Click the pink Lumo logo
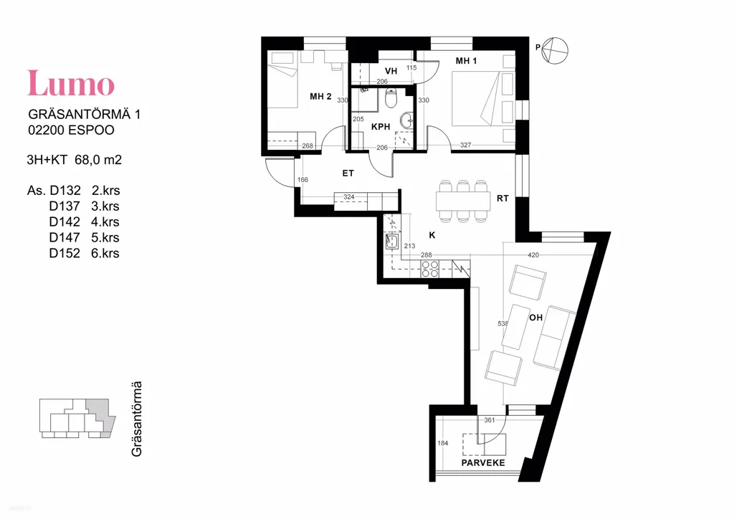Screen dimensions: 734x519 click(71, 83)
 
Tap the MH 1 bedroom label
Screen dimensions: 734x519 click(466, 61)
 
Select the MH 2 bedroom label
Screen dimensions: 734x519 click(320, 97)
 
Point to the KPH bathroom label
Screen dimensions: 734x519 click(381, 127)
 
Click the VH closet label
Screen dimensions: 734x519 click(391, 71)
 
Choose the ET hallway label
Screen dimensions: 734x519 click(348, 173)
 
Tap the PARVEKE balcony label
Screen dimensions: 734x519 click(483, 463)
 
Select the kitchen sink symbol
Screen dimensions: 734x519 click(392, 242)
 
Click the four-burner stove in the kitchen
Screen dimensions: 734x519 click(430, 269)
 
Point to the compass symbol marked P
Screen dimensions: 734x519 click(554, 50)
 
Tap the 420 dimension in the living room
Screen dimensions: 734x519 click(533, 255)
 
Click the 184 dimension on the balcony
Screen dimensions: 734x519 click(442, 443)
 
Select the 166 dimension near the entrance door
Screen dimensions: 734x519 click(302, 180)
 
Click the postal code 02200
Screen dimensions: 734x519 click(47, 130)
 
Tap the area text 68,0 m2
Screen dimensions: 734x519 click(98, 160)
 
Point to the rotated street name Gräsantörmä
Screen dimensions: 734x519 click(136, 419)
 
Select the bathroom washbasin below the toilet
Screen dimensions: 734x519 click(408, 120)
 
